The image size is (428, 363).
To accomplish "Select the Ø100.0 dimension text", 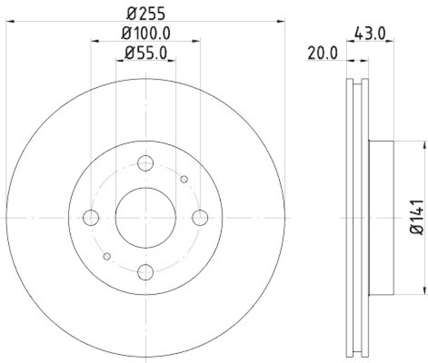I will [146, 33].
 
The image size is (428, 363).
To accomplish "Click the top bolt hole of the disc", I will [145, 163].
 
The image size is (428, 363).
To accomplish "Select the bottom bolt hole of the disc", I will [145, 272].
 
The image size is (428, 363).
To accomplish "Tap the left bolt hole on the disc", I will [91, 218].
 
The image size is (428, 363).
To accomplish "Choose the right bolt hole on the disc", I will [200, 218].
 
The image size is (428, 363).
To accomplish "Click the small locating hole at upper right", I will [184, 179].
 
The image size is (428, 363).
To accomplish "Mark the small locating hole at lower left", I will [107, 257].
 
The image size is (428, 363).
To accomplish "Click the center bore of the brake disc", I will [146, 218].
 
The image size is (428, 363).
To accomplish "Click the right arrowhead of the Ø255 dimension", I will [280, 21].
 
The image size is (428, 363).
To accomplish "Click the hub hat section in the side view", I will [382, 218].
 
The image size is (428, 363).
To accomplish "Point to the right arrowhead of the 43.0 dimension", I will [391, 40].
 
